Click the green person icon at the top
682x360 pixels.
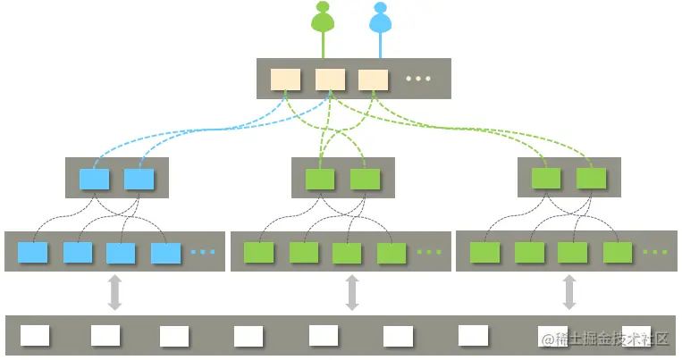[x=324, y=20]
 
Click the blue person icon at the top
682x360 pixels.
[x=381, y=20]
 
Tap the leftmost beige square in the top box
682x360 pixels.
[x=286, y=79]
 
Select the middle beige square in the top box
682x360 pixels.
[x=330, y=79]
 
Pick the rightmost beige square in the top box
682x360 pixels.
[x=373, y=79]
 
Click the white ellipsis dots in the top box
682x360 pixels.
[x=418, y=79]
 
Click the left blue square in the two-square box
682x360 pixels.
[x=94, y=179]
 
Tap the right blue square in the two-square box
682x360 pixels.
[x=139, y=179]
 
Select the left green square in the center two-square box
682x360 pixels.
[x=320, y=179]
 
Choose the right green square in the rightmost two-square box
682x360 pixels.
[x=592, y=179]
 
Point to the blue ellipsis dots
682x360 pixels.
[x=203, y=253]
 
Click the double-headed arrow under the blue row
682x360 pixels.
[x=114, y=293]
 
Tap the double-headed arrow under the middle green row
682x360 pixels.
[x=352, y=293]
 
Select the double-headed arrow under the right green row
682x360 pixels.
[x=569, y=293]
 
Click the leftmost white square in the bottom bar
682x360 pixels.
[x=35, y=336]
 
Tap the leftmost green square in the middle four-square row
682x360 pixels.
[x=258, y=253]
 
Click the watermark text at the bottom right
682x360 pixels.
[x=605, y=339]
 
